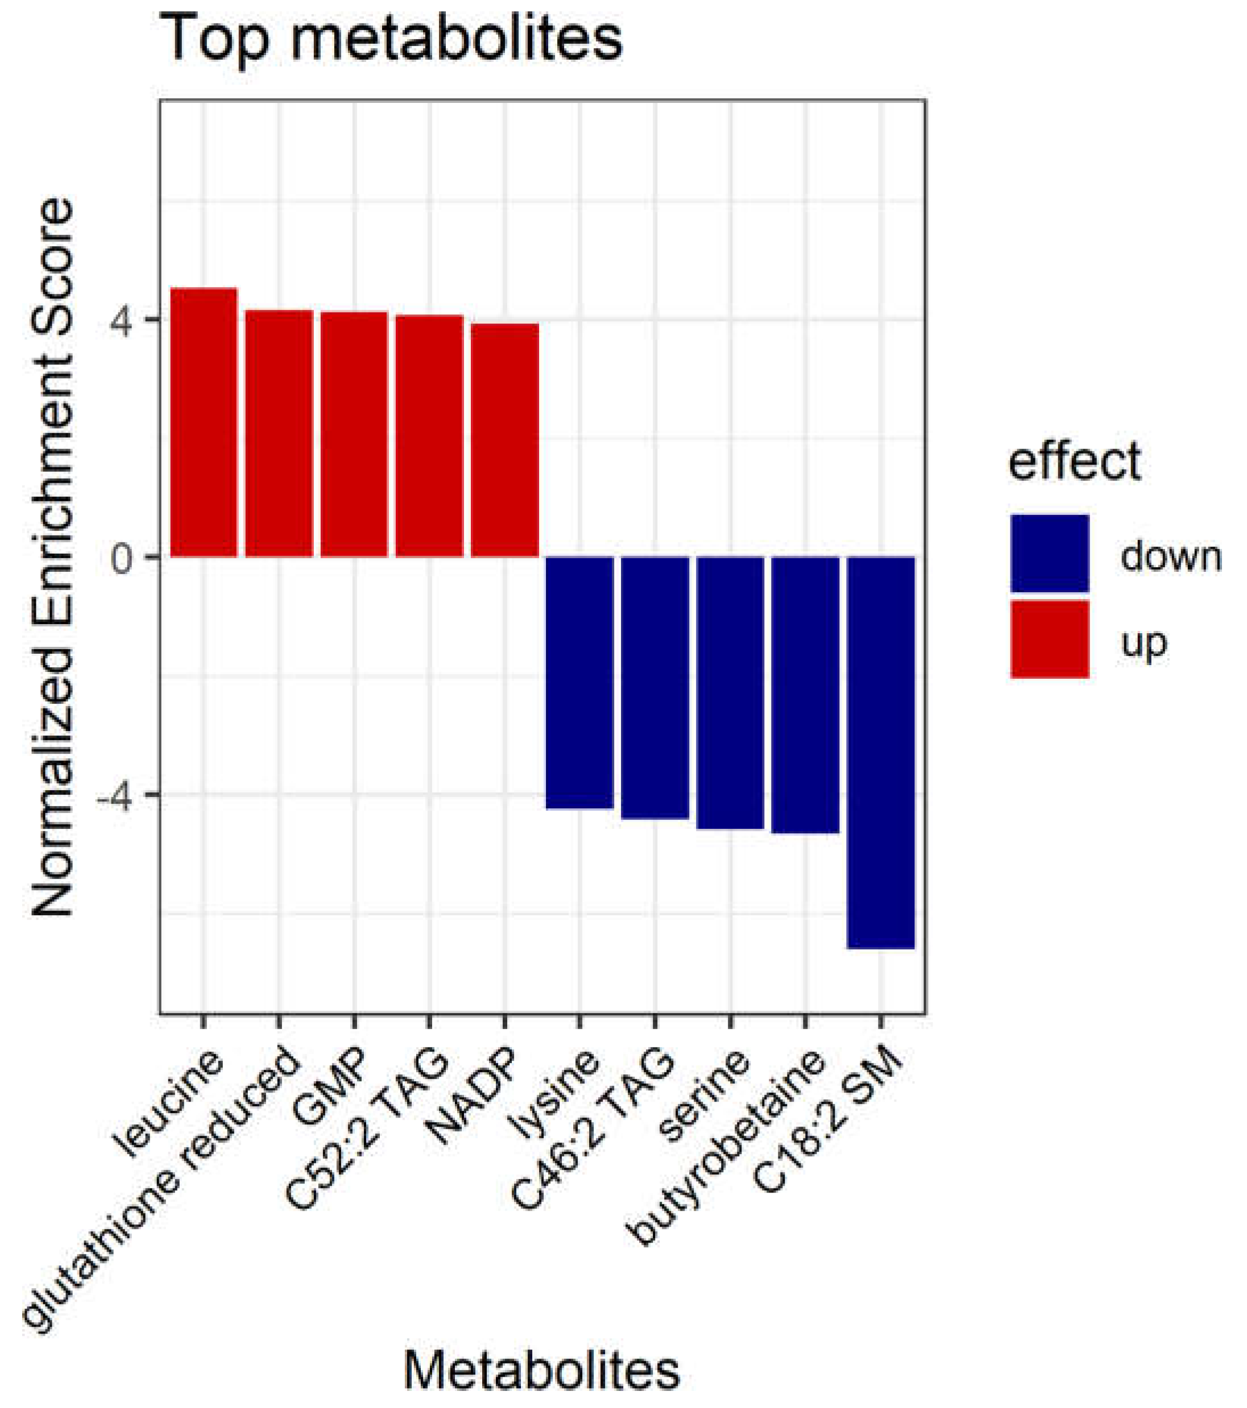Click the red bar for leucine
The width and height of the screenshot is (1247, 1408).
pos(204,422)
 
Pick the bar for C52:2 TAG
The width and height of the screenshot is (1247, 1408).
pos(429,435)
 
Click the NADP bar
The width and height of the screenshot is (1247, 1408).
pos(505,439)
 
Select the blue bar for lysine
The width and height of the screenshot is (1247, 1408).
pos(579,682)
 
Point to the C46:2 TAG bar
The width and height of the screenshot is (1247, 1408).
pos(655,687)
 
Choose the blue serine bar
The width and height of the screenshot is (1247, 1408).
pos(730,692)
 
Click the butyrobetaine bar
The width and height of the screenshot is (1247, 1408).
pos(805,695)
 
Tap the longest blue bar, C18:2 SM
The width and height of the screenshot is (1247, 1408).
pos(880,752)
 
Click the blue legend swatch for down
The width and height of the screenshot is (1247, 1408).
pos(1049,553)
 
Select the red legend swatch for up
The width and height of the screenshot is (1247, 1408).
pos(1049,638)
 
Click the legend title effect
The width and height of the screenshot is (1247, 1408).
pos(1074,461)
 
